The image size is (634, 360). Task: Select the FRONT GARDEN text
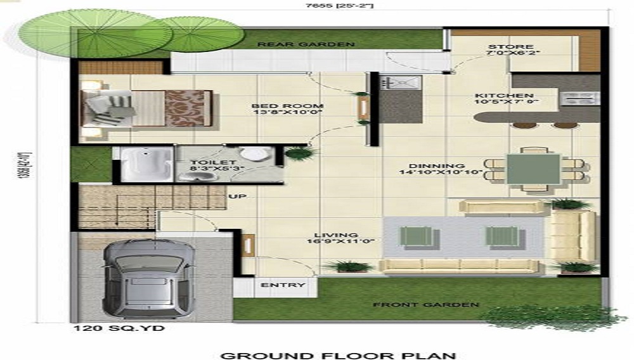pyautogui.click(x=425, y=305)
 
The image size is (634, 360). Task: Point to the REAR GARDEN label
pyautogui.click(x=306, y=44)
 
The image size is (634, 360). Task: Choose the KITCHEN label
pyautogui.click(x=504, y=96)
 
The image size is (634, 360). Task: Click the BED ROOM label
pyautogui.click(x=287, y=106)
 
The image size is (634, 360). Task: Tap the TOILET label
pyautogui.click(x=204, y=163)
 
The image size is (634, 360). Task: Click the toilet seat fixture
pyautogui.click(x=256, y=154)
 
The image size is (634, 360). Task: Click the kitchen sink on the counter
pyautogui.click(x=401, y=82)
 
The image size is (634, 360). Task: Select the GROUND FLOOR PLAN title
pyautogui.click(x=337, y=354)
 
